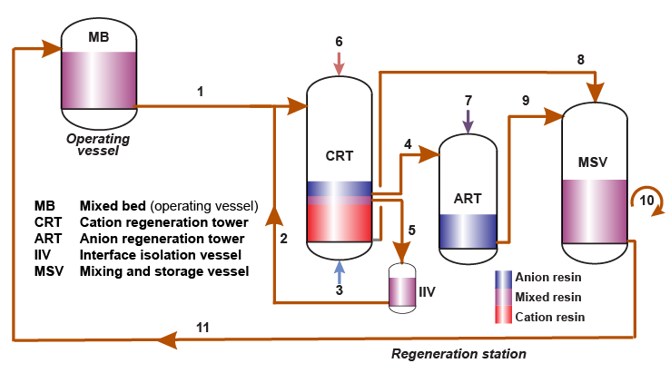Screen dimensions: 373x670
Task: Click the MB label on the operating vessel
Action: pos(98,36)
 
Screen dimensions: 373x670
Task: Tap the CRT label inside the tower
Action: pos(340,155)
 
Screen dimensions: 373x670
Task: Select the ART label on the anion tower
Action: pos(467,198)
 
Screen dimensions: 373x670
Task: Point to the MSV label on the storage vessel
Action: pos(592,162)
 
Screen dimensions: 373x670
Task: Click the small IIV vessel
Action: pos(400,290)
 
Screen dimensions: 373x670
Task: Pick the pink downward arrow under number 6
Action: pos(339,63)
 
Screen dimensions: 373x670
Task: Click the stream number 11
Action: pos(203,327)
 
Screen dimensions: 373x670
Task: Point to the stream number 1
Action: pos(200,92)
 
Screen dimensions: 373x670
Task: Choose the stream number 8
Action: pos(580,60)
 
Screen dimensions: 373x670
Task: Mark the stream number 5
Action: pos(411,231)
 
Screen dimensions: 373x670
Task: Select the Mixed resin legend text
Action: pos(548,297)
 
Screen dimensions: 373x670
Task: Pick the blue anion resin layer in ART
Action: pos(467,231)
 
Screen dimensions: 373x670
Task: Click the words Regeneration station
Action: pos(458,353)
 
